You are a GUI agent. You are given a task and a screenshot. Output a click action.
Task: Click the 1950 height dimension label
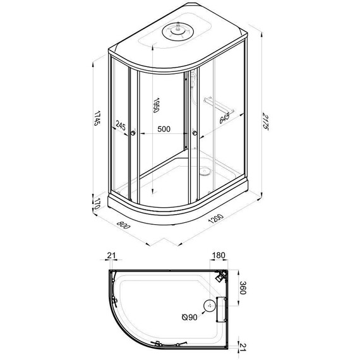tap(156, 105)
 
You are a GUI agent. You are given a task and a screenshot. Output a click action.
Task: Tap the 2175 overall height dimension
tap(265, 121)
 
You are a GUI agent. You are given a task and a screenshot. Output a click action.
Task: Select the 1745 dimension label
tap(97, 118)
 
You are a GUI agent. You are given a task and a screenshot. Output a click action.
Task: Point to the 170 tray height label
tap(97, 203)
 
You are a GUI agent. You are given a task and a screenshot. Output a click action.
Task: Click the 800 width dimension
tap(123, 225)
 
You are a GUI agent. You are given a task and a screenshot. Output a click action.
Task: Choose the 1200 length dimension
tap(215, 219)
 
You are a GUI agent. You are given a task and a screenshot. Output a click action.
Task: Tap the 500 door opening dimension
tap(164, 129)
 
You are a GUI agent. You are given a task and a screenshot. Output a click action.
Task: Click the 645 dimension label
tap(224, 118)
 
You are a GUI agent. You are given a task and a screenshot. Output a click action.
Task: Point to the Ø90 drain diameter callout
tap(189, 317)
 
